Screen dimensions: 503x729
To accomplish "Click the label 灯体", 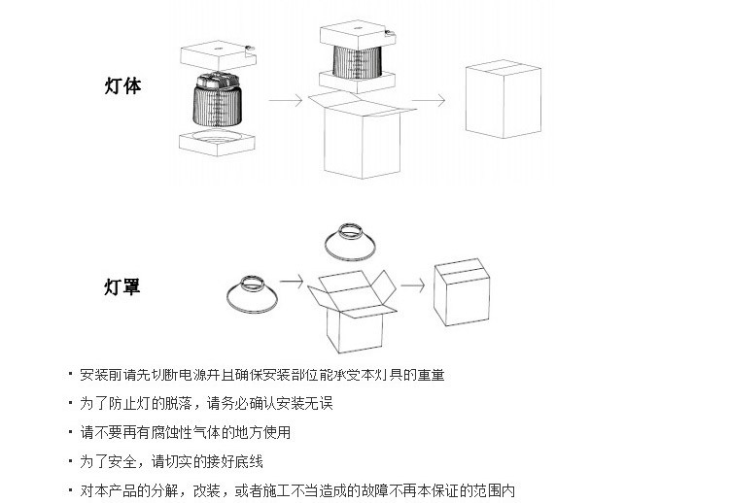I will [122, 85].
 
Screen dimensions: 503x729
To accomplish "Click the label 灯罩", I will [122, 287].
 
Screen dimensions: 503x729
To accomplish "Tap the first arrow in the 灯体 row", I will [283, 100].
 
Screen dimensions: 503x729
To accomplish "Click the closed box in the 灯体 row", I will [502, 103].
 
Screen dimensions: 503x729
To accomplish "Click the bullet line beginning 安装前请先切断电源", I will [262, 374].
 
